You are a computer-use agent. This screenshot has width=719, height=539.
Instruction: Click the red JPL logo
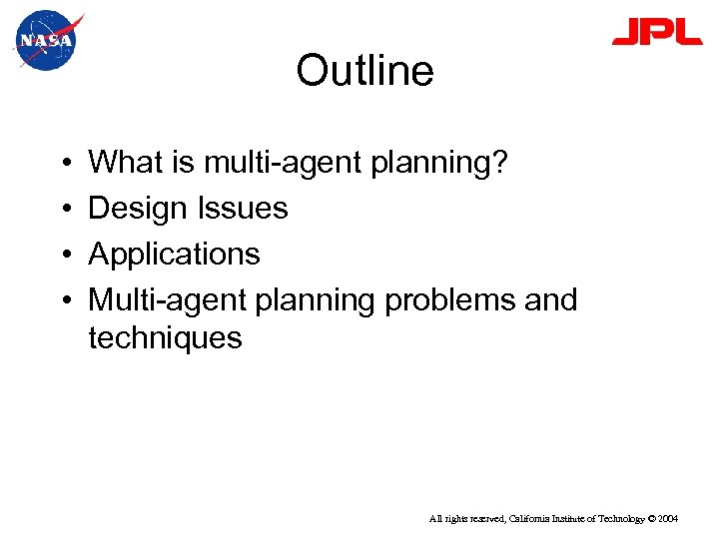[656, 33]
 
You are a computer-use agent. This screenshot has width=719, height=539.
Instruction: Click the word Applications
[174, 256]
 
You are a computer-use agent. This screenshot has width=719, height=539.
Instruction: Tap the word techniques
[165, 338]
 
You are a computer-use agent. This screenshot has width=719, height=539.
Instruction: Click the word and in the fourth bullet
[546, 300]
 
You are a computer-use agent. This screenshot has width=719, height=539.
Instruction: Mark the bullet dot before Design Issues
[63, 210]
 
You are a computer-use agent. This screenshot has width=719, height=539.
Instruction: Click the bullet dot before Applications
[63, 256]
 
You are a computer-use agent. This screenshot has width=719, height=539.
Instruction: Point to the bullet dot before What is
[63, 164]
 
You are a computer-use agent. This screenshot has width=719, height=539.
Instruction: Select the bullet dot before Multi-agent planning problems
[63, 300]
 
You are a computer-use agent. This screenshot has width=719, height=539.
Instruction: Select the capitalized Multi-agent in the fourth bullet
[168, 300]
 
